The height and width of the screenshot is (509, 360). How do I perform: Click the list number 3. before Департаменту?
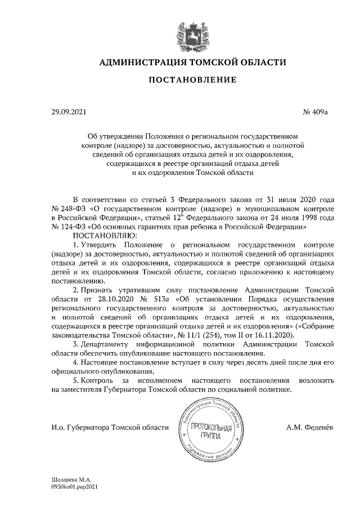tap(77, 344)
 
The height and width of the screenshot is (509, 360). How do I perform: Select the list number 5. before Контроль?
tap(77, 380)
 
